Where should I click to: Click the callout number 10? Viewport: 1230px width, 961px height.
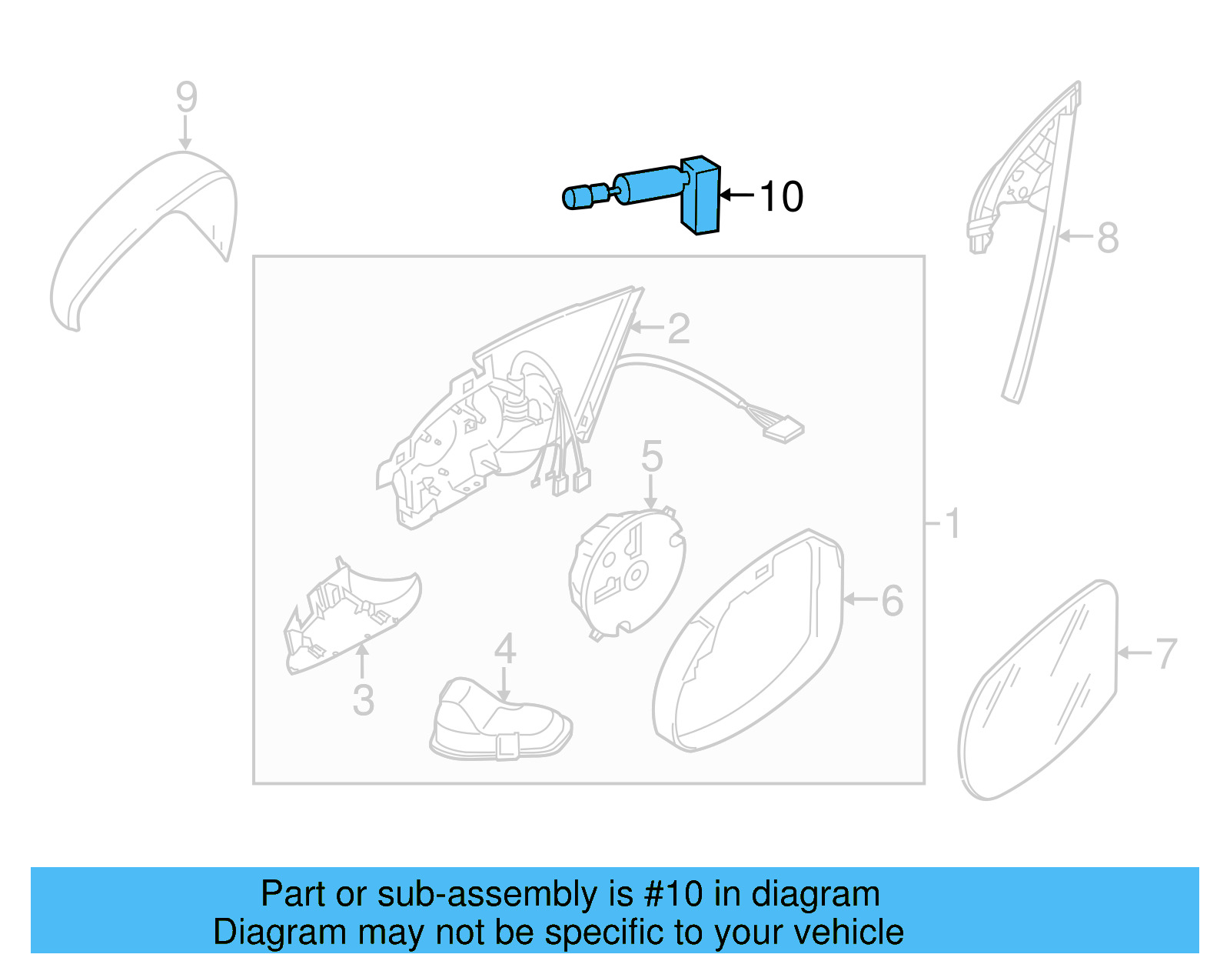(x=781, y=197)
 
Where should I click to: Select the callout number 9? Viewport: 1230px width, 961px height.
(x=186, y=98)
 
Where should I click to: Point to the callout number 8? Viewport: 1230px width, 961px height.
(x=1107, y=238)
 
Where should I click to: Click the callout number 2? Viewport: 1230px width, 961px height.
(x=678, y=329)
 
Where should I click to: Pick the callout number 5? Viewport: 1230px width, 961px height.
(x=651, y=457)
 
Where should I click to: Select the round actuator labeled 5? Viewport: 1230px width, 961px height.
(x=627, y=573)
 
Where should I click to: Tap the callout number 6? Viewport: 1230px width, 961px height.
(x=892, y=601)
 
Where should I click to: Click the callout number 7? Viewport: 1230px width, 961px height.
(x=1165, y=654)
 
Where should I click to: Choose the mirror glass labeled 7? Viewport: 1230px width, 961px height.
(x=1038, y=692)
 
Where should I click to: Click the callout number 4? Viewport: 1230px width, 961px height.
(x=504, y=649)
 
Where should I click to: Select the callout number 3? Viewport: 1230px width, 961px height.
(x=363, y=701)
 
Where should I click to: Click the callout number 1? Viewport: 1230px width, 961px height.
(x=952, y=524)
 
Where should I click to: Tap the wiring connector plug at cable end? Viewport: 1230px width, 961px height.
(x=784, y=429)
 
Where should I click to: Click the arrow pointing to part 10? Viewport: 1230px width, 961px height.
(x=736, y=195)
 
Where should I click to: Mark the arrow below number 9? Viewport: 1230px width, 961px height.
(x=184, y=134)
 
